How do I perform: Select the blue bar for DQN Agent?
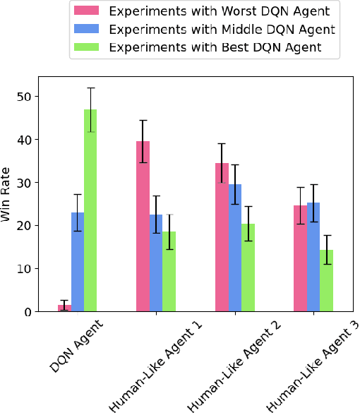(78, 262)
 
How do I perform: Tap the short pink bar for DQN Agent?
(65, 308)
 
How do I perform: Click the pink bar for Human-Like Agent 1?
(143, 226)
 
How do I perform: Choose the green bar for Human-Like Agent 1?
(169, 271)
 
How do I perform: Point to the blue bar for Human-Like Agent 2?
(234, 248)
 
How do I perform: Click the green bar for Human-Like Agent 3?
(325, 280)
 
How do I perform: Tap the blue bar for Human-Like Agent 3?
(313, 257)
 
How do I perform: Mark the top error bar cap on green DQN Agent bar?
(90, 88)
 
